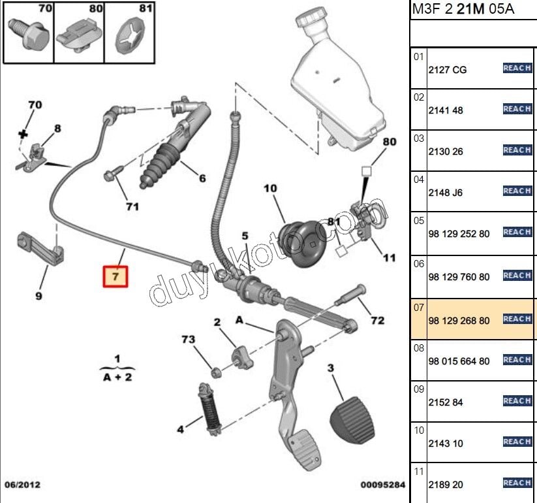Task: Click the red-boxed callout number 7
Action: tap(115, 276)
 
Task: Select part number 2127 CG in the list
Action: tap(447, 70)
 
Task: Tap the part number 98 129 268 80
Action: tap(459, 321)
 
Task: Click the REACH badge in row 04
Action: tap(517, 191)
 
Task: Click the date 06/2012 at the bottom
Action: tap(22, 485)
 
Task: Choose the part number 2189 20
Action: tap(445, 485)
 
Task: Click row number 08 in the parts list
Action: tap(418, 348)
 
